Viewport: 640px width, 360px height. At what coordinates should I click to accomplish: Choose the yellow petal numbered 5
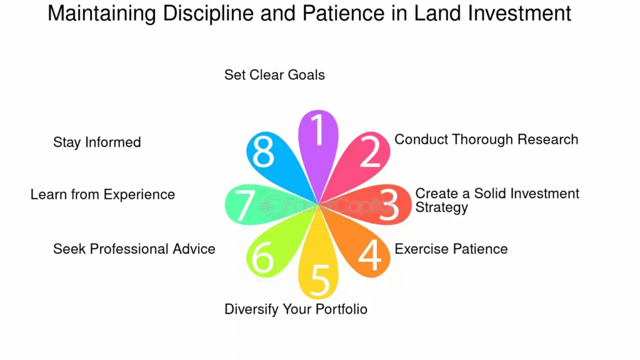pos(318,261)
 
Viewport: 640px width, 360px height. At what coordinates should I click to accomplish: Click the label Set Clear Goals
pos(275,75)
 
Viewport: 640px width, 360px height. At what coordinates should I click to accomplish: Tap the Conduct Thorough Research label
pos(486,139)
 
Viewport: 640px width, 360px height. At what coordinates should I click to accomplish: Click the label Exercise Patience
pos(451,249)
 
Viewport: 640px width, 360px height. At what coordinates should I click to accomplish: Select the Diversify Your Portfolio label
pos(296,309)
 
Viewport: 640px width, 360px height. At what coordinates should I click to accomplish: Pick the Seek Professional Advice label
pos(134,249)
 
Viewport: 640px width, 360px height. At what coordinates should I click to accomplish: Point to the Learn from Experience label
pos(103,195)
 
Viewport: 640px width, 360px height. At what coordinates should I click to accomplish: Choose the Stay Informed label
pos(97,142)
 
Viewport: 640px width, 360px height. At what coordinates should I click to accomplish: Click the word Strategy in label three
pos(442,207)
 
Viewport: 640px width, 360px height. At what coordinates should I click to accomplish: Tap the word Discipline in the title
pos(209,14)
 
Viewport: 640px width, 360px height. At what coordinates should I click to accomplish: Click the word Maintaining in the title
pos(102,14)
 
